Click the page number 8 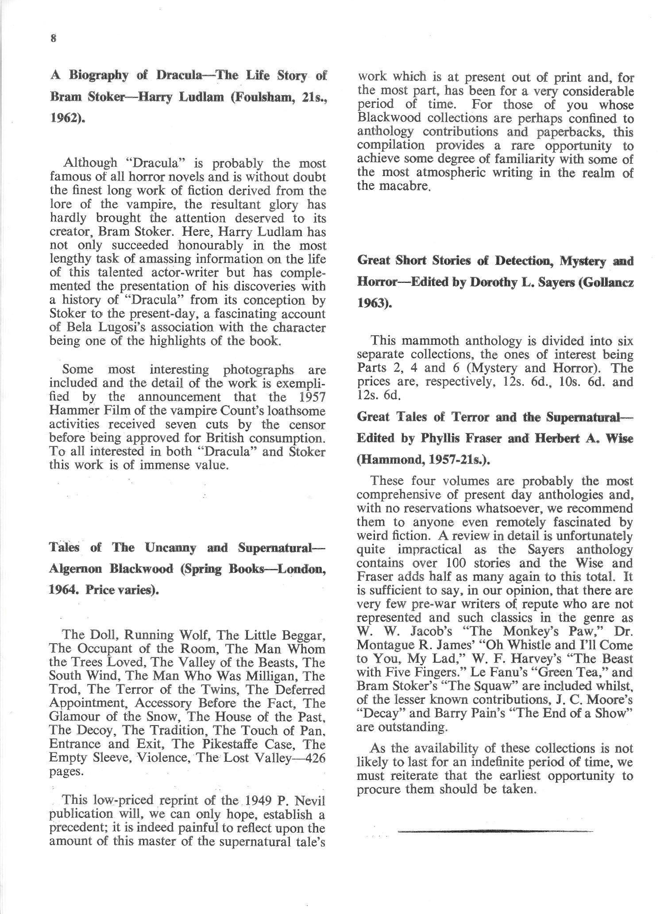tap(53, 38)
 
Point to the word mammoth tap(431, 341)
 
